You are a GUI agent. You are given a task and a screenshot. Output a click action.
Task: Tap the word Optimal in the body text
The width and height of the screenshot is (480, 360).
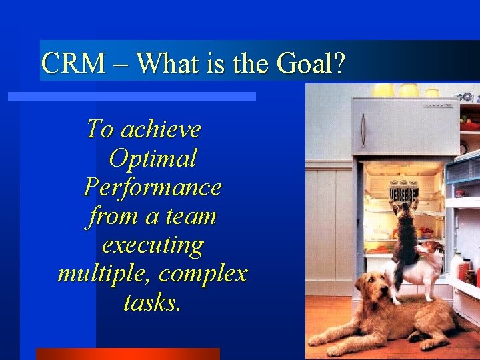coord(153,159)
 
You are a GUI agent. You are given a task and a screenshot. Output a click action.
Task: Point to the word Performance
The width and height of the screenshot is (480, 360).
coord(153,187)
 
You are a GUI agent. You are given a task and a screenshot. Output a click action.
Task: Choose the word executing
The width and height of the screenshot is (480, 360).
coord(153,245)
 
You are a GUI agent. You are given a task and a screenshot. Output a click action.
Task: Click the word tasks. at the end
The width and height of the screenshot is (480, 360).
coord(152,303)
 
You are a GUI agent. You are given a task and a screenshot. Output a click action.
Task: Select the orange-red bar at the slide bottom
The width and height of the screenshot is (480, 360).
coord(127,353)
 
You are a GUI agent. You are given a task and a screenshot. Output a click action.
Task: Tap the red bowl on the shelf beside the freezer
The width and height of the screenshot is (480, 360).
coord(471,126)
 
